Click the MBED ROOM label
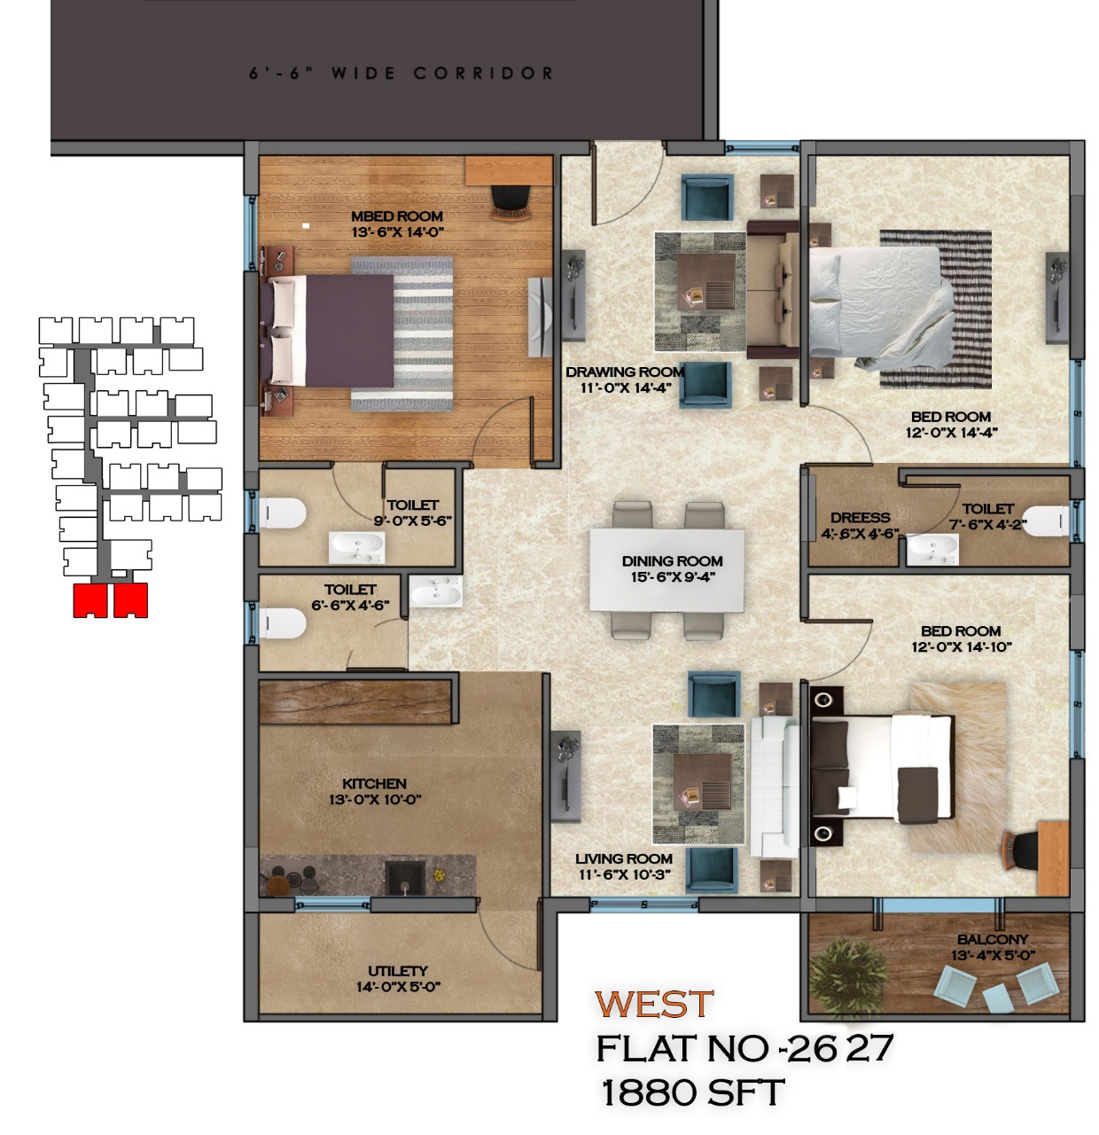coord(397,216)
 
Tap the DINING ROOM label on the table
coord(672,561)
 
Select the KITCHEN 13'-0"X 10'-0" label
coord(375,792)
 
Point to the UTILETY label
coord(398,971)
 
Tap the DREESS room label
coord(860,517)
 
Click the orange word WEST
coord(653,1004)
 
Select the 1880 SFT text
coord(692,1092)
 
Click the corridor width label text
coord(401,74)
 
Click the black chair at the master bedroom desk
coord(511,202)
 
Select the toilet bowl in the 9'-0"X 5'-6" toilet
coord(282,513)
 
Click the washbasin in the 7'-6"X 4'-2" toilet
coord(932,549)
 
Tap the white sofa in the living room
coord(775,787)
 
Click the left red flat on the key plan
coord(90,600)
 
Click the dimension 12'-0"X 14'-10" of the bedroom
coord(962,646)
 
